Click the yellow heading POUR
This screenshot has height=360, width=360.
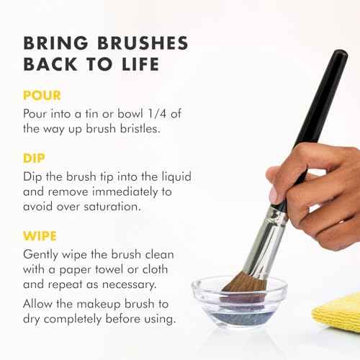tap(41, 96)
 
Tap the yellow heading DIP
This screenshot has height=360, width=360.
tap(35, 155)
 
